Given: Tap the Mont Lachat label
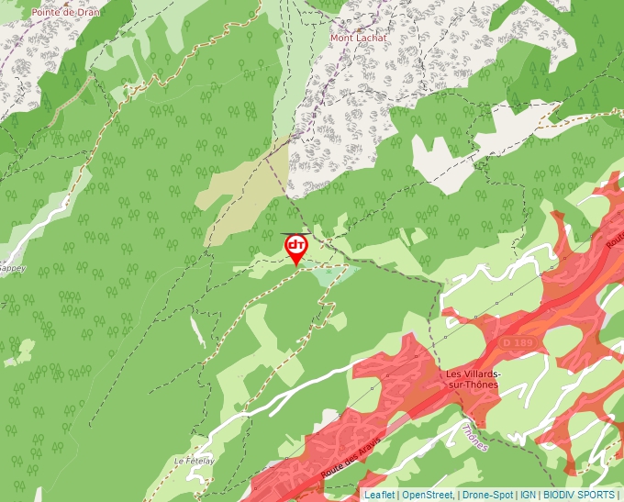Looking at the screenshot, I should [x=359, y=38].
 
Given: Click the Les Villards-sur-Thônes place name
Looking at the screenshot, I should [x=472, y=379].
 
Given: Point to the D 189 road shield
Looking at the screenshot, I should [x=518, y=342].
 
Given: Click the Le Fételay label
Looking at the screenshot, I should [x=194, y=461].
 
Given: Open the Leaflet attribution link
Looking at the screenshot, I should [x=379, y=495].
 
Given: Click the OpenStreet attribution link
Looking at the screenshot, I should [x=428, y=495].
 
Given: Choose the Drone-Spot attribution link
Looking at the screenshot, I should [x=487, y=495].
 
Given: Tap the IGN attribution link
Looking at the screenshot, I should [x=528, y=495].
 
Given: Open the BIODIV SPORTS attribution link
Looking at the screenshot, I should [x=579, y=495].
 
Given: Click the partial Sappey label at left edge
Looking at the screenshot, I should [x=12, y=269].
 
